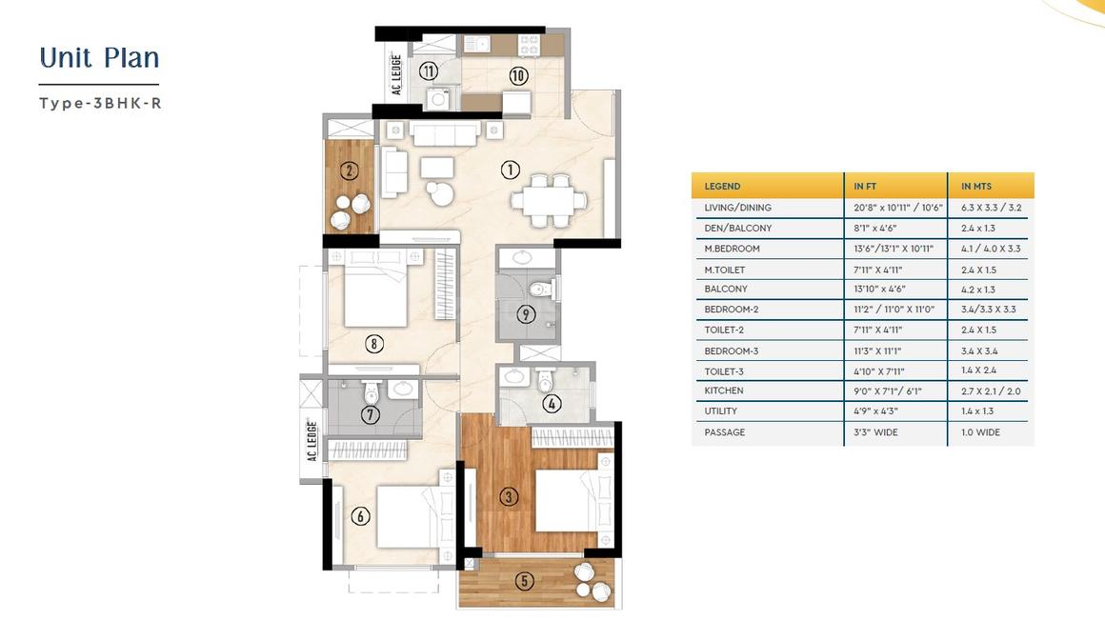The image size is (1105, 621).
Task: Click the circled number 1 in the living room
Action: pyautogui.click(x=511, y=170)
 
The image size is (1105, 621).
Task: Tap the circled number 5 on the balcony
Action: pyautogui.click(x=524, y=581)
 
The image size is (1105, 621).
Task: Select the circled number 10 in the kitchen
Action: pyautogui.click(x=518, y=75)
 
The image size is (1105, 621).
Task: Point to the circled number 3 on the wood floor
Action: pyautogui.click(x=509, y=496)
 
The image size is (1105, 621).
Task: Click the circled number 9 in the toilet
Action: pyautogui.click(x=526, y=314)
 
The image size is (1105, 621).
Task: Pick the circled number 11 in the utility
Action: pyautogui.click(x=429, y=71)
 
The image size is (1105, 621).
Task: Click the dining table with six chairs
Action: pyautogui.click(x=550, y=200)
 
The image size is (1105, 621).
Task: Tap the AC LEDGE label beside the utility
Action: pyautogui.click(x=396, y=74)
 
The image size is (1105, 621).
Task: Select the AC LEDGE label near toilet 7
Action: pyautogui.click(x=312, y=441)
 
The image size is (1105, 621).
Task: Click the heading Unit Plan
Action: pyautogui.click(x=99, y=58)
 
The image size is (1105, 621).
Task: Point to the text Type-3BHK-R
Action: pyautogui.click(x=100, y=103)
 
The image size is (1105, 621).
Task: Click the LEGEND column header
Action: pyautogui.click(x=722, y=186)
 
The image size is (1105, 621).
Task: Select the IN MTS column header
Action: pyautogui.click(x=976, y=186)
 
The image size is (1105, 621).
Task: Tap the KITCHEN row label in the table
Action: pyautogui.click(x=724, y=391)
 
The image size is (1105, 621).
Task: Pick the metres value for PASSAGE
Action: pyautogui.click(x=980, y=432)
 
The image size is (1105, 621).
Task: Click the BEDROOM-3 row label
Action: pyautogui.click(x=732, y=351)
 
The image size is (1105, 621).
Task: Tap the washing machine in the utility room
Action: pyautogui.click(x=438, y=99)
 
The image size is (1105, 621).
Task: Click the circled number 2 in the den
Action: pyautogui.click(x=349, y=170)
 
